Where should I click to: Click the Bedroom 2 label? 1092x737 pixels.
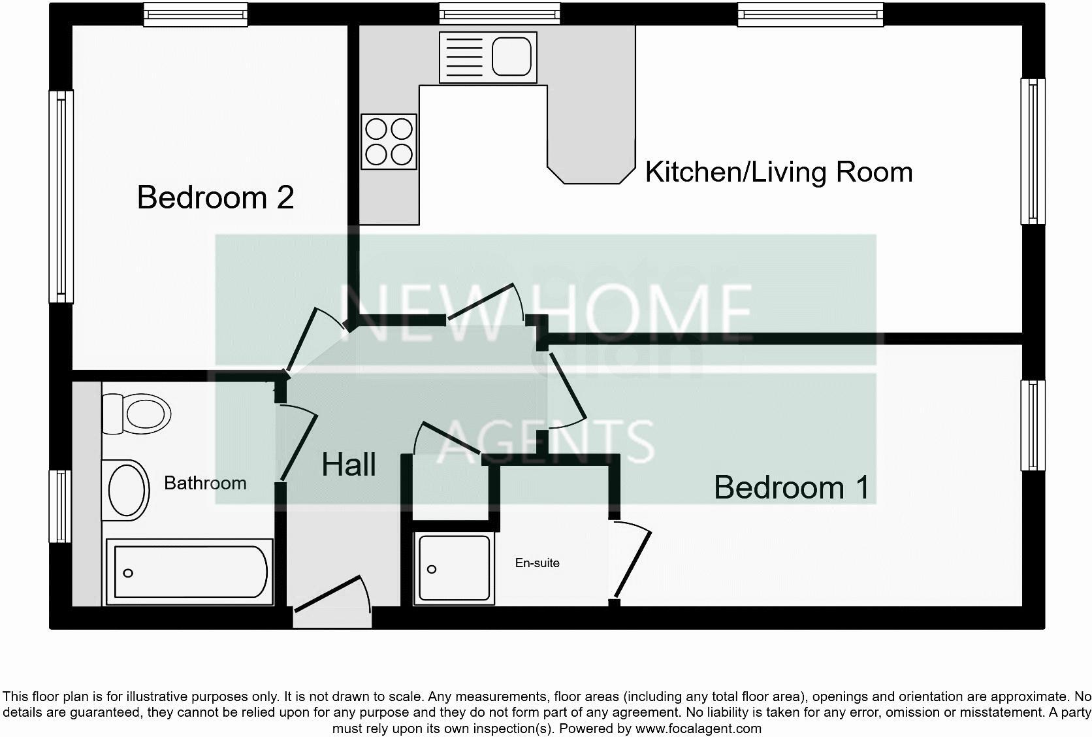pyautogui.click(x=216, y=197)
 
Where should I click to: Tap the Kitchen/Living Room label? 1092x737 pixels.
pyautogui.click(x=779, y=172)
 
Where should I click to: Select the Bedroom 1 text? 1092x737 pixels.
pyautogui.click(x=792, y=487)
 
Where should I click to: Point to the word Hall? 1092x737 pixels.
pyautogui.click(x=349, y=465)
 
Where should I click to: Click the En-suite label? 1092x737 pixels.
pyautogui.click(x=537, y=563)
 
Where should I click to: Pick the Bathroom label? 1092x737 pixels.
pyautogui.click(x=205, y=483)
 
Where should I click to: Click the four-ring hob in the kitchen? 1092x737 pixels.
pyautogui.click(x=389, y=142)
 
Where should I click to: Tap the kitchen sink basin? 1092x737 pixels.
pyautogui.click(x=511, y=57)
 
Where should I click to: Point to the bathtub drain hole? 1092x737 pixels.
pyautogui.click(x=128, y=573)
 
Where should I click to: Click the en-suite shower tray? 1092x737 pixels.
pyautogui.click(x=454, y=568)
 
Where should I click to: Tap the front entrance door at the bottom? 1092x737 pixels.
pyautogui.click(x=332, y=597)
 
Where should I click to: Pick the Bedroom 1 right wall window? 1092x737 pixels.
pyautogui.click(x=1033, y=425)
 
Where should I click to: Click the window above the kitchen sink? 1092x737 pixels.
pyautogui.click(x=500, y=12)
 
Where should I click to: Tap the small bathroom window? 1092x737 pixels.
pyautogui.click(x=60, y=506)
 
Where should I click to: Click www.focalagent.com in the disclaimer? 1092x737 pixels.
pyautogui.click(x=698, y=729)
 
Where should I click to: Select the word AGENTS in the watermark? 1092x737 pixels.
pyautogui.click(x=545, y=440)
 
